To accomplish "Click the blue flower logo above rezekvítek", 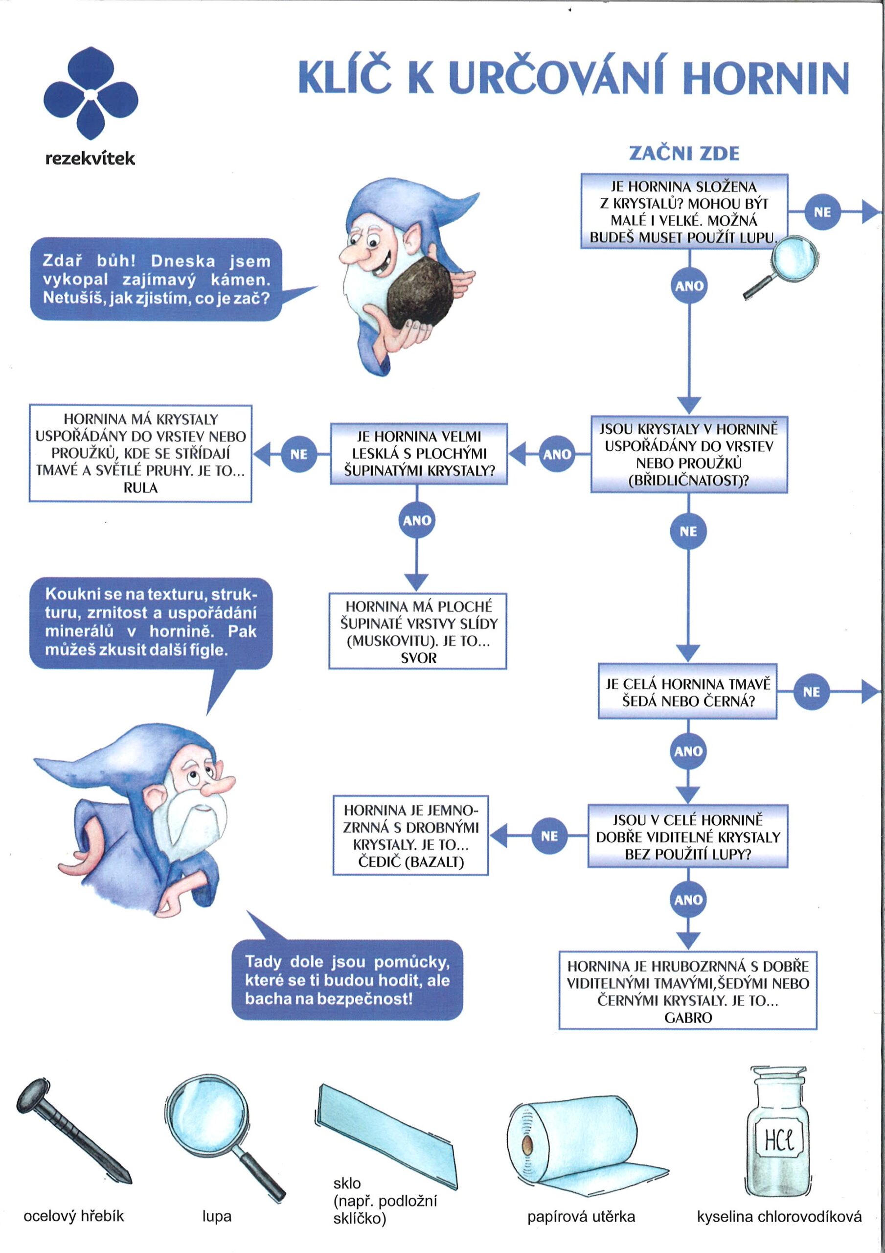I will (x=91, y=94).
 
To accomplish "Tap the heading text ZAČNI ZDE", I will (x=684, y=153).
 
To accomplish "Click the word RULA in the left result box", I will (x=140, y=488).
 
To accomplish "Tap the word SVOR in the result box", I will (x=418, y=658).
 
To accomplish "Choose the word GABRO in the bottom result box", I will (x=688, y=1017).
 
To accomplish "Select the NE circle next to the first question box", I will (x=822, y=212).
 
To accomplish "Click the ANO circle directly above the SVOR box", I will (x=417, y=521).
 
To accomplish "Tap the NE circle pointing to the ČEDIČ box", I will (x=549, y=835).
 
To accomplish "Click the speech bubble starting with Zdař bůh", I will (x=157, y=279).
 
